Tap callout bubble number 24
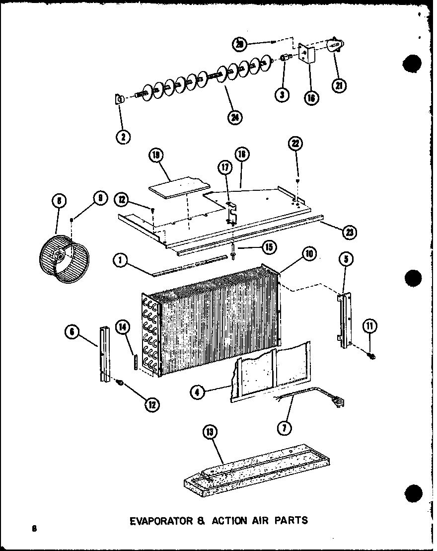(234, 118)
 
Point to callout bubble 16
(311, 97)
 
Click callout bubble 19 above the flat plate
(156, 156)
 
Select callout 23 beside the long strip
(350, 231)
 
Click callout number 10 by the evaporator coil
(309, 254)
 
